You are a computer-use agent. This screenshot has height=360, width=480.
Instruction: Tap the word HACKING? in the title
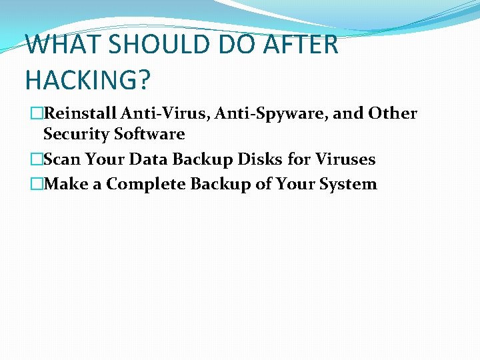click(x=87, y=79)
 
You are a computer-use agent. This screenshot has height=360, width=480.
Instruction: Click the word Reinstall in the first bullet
click(x=79, y=113)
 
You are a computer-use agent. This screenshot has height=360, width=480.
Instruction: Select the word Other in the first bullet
click(x=392, y=113)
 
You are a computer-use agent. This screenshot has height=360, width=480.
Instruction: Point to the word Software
click(x=149, y=134)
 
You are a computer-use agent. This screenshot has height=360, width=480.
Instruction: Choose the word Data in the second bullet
click(x=145, y=159)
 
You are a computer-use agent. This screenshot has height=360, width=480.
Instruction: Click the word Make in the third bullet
click(x=65, y=184)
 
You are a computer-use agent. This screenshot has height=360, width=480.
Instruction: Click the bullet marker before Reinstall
click(x=37, y=114)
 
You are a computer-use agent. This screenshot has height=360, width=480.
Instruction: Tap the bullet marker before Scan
click(x=37, y=160)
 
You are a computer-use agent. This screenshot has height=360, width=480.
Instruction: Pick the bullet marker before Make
click(x=37, y=185)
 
